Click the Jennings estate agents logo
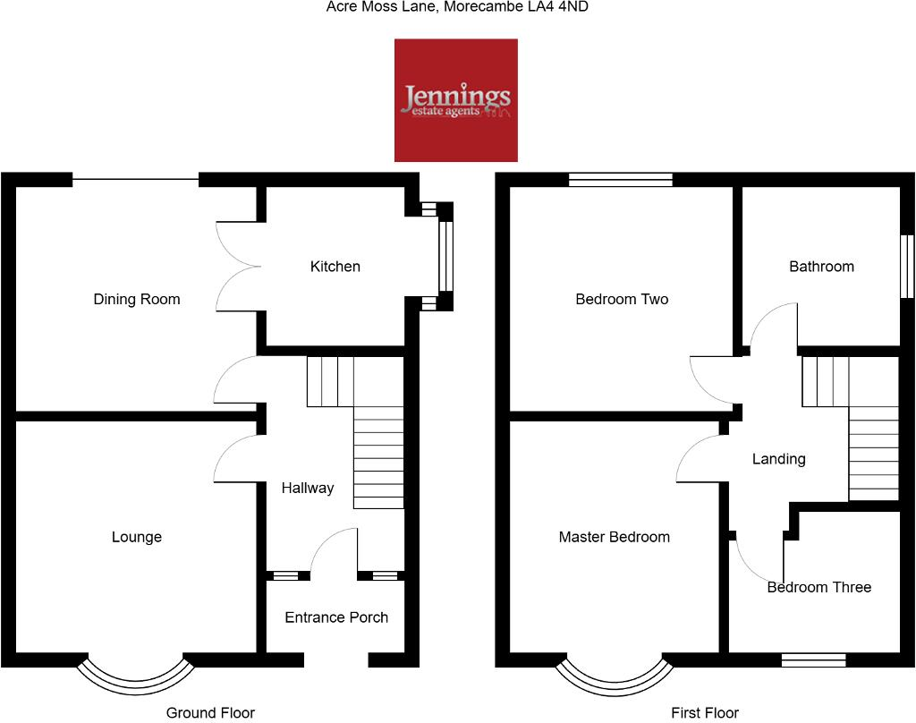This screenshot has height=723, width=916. tap(456, 100)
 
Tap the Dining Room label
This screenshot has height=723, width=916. tap(137, 300)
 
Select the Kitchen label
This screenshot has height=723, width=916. tap(335, 267)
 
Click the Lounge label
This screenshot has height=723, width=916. tap(137, 537)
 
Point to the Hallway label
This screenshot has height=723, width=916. tap(307, 488)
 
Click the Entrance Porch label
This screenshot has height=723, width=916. tap(336, 617)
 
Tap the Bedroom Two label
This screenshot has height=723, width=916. tap(622, 300)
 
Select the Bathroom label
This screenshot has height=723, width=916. tap(821, 267)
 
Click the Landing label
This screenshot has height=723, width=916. tap(778, 459)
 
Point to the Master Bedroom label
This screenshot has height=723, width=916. tap(614, 537)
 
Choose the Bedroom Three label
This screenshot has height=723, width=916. tap(818, 588)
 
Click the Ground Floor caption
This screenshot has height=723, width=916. tap(210, 713)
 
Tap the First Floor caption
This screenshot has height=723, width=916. tap(705, 713)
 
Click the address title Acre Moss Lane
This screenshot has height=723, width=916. tap(458, 7)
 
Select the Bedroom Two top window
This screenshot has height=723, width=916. tap(621, 180)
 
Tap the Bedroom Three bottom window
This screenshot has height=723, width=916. tap(813, 660)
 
